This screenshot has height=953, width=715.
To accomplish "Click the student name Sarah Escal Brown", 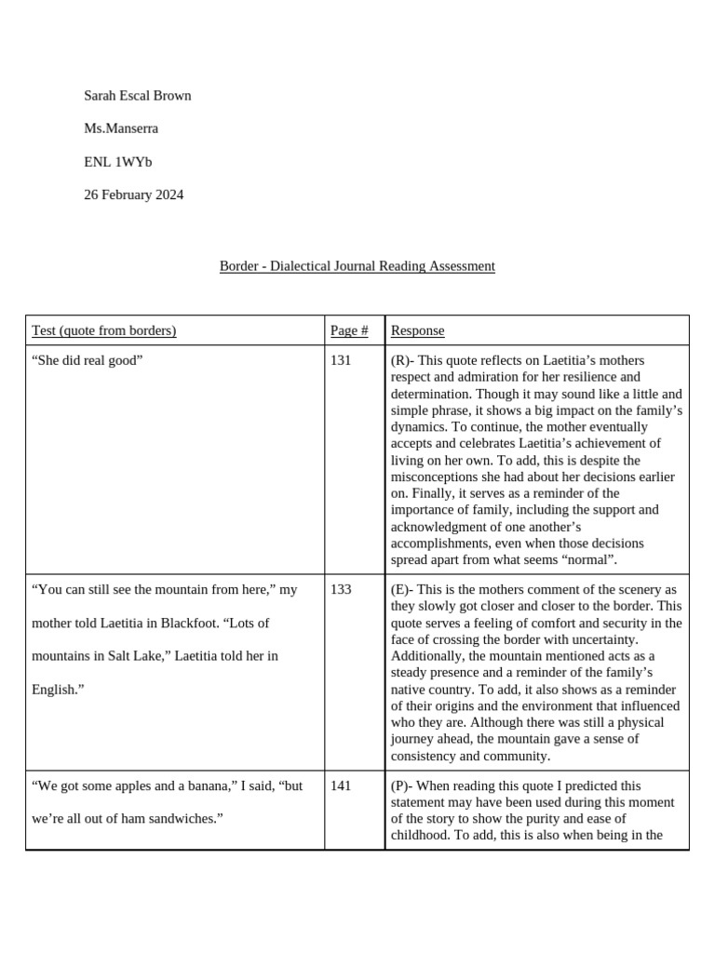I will (x=137, y=95).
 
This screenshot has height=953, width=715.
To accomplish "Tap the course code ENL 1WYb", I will (x=117, y=162).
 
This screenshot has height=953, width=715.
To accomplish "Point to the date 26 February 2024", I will (x=133, y=195).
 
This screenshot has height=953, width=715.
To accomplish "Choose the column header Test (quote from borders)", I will (x=103, y=330).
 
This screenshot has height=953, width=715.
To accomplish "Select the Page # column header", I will (x=349, y=330).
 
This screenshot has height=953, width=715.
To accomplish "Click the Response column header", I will (x=417, y=330).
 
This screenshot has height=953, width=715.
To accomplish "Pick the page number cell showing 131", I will (x=341, y=360).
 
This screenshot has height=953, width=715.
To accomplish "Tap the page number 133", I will (x=341, y=589).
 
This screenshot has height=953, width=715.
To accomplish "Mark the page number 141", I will (x=341, y=785).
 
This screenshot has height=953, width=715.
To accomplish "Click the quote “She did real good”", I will (x=87, y=360).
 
